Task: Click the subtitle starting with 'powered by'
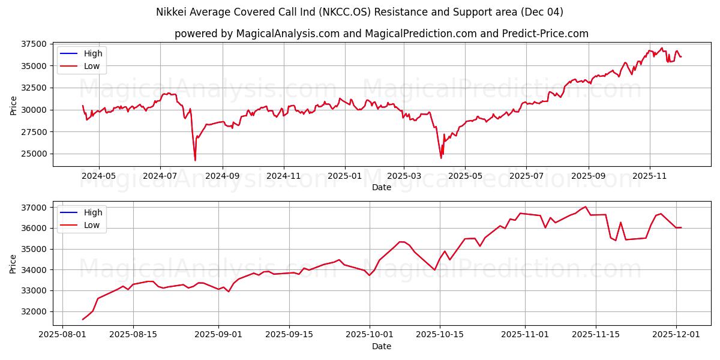pos(381,34)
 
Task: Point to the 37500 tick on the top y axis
pos(34,44)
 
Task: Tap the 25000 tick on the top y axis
pos(34,154)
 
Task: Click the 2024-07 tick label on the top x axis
pos(160,176)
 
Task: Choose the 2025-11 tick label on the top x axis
pos(650,176)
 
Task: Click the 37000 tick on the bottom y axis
pos(34,208)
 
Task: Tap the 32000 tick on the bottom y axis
pos(34,311)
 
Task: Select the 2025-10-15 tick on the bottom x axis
pos(440,335)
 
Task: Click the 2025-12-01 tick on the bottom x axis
pos(676,335)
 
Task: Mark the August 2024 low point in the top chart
pos(195,160)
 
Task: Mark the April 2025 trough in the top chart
pos(441,158)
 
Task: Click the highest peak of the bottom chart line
pos(586,206)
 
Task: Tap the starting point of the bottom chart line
pos(83,319)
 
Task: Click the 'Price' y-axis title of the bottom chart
pos(13,263)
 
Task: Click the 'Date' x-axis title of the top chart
pos(381,187)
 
